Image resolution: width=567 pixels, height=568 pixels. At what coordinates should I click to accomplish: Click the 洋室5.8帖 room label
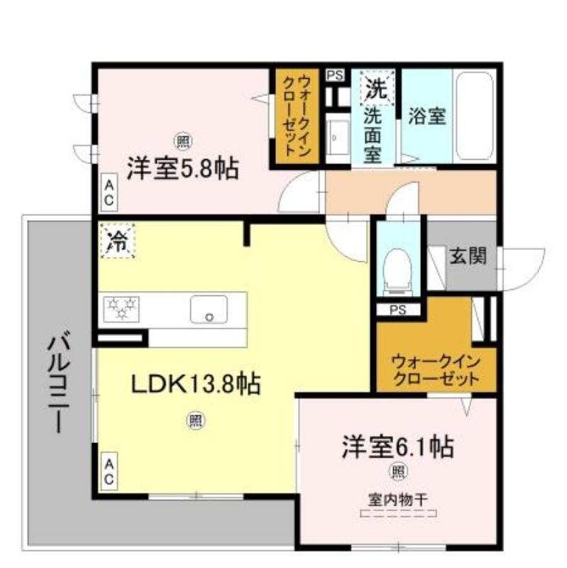(182, 169)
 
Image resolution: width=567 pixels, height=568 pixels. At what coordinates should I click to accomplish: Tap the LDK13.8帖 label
(196, 384)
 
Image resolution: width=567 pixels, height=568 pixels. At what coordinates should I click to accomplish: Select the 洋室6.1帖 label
(398, 447)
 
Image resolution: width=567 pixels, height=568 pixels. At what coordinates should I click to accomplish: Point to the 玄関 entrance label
(468, 256)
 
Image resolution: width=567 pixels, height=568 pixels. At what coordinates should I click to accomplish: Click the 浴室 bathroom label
(427, 116)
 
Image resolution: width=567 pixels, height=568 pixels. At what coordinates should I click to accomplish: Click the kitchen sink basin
(209, 309)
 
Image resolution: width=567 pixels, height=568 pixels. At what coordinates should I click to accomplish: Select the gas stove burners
(121, 309)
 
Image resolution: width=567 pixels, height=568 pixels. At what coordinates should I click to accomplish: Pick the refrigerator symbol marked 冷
(118, 241)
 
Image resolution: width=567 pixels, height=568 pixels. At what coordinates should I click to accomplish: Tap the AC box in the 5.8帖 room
(109, 192)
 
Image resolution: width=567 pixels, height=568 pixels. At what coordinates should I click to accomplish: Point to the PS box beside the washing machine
(335, 75)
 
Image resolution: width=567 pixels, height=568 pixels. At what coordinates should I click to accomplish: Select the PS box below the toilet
(398, 310)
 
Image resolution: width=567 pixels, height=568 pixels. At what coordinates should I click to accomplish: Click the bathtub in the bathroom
(474, 116)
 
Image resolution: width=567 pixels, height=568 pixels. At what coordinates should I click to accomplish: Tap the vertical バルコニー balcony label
(59, 382)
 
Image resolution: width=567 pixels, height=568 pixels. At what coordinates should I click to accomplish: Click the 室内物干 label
(398, 501)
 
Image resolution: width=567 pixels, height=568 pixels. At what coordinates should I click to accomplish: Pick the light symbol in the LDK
(196, 421)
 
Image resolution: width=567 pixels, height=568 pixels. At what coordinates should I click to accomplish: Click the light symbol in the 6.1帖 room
(398, 472)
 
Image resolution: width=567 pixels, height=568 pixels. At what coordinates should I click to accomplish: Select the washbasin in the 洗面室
(338, 138)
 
